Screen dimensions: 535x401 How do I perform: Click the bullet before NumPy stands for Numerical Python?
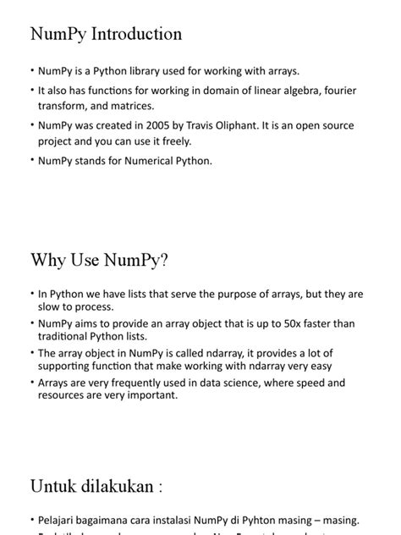pyautogui.click(x=31, y=159)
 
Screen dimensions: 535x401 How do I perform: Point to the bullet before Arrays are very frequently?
pyautogui.click(x=31, y=383)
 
